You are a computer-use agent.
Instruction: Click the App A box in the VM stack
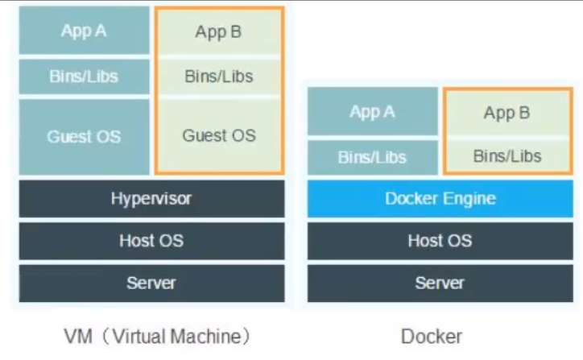[x=84, y=31]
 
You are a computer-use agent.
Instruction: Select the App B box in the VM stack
[x=218, y=33]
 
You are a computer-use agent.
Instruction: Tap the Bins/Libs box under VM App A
[x=84, y=77]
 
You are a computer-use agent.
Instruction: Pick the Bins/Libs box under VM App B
[x=218, y=77]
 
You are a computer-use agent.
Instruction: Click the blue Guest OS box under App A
[x=84, y=136]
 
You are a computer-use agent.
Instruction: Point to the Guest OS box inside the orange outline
[x=218, y=135]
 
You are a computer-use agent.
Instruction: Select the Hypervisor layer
[x=151, y=198]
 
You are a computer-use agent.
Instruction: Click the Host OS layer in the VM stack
[x=151, y=241]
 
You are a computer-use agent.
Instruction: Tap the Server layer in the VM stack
[x=151, y=283]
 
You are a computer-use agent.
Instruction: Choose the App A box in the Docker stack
[x=372, y=112]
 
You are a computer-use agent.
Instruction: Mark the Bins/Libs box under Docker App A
[x=372, y=156]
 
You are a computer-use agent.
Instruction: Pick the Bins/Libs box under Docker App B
[x=507, y=155]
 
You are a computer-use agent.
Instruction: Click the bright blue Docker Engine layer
[x=440, y=198]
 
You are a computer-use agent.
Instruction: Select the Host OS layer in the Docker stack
[x=440, y=241]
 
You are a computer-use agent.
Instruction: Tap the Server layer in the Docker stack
[x=440, y=283]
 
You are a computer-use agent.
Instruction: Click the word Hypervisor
[x=151, y=198]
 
